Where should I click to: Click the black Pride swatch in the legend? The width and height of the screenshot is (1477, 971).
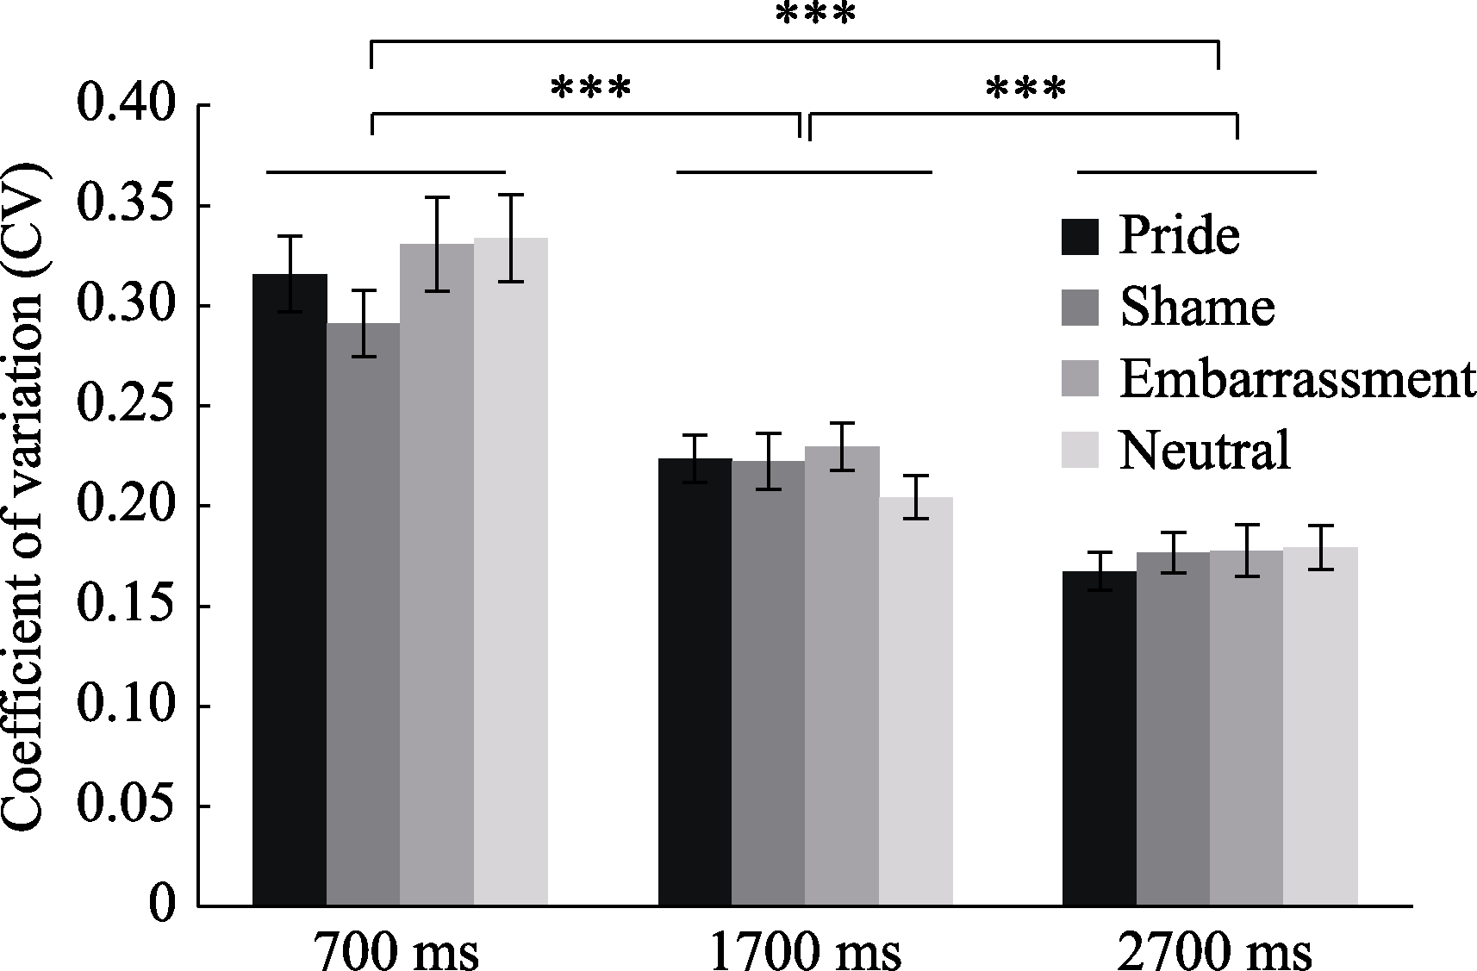(1080, 237)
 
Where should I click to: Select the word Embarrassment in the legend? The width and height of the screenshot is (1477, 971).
(1297, 378)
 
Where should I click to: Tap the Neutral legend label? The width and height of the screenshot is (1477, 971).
(1205, 450)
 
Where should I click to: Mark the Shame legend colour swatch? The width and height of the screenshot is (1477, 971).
(1080, 308)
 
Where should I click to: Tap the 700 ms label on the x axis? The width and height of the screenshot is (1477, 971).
(396, 951)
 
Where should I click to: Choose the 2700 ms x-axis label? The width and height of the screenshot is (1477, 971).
(1214, 951)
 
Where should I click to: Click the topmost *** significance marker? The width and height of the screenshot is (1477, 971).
(815, 16)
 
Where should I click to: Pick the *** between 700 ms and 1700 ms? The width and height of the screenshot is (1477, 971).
(590, 89)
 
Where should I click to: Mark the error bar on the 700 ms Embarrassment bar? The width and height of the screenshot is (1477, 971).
(437, 244)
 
